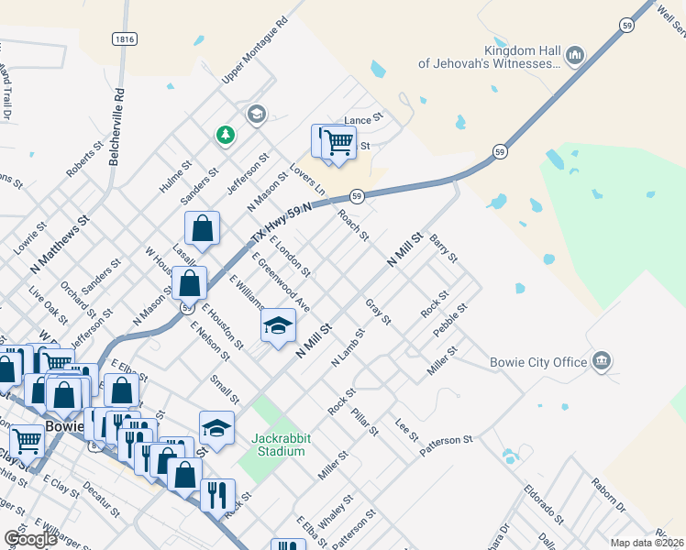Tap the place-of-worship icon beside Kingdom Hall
(576, 56)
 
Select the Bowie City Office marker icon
(602, 360)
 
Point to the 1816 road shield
(126, 38)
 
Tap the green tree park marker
(226, 136)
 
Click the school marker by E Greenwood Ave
(279, 326)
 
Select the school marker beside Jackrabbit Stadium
(216, 427)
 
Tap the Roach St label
(353, 224)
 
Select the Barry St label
(443, 247)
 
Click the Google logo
(30, 539)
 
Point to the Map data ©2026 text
(647, 543)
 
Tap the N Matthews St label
(59, 245)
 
